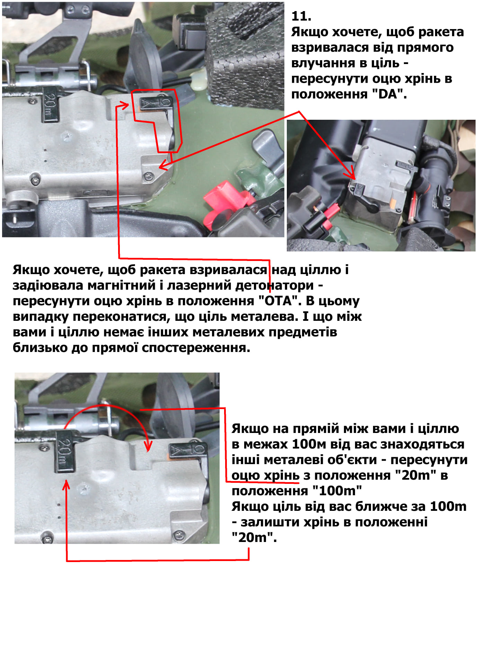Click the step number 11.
(301, 16)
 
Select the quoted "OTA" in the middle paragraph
(278, 301)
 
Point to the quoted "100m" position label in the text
(337, 491)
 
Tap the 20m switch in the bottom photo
(65, 452)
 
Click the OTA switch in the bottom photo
(187, 451)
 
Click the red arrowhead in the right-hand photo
(353, 174)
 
